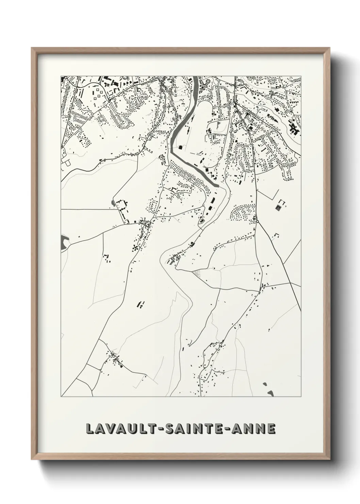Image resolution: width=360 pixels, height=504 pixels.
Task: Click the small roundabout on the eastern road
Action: pos(257,222)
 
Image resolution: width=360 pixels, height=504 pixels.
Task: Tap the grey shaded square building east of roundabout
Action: pos(278,207)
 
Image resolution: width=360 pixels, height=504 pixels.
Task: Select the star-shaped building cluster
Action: pos(136,248)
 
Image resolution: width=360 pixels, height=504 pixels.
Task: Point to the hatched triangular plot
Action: pos(197,273)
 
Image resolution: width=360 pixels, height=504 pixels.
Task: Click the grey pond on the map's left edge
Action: pos(64,242)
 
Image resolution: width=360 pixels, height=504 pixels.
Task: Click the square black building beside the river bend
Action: pos(180,147)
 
